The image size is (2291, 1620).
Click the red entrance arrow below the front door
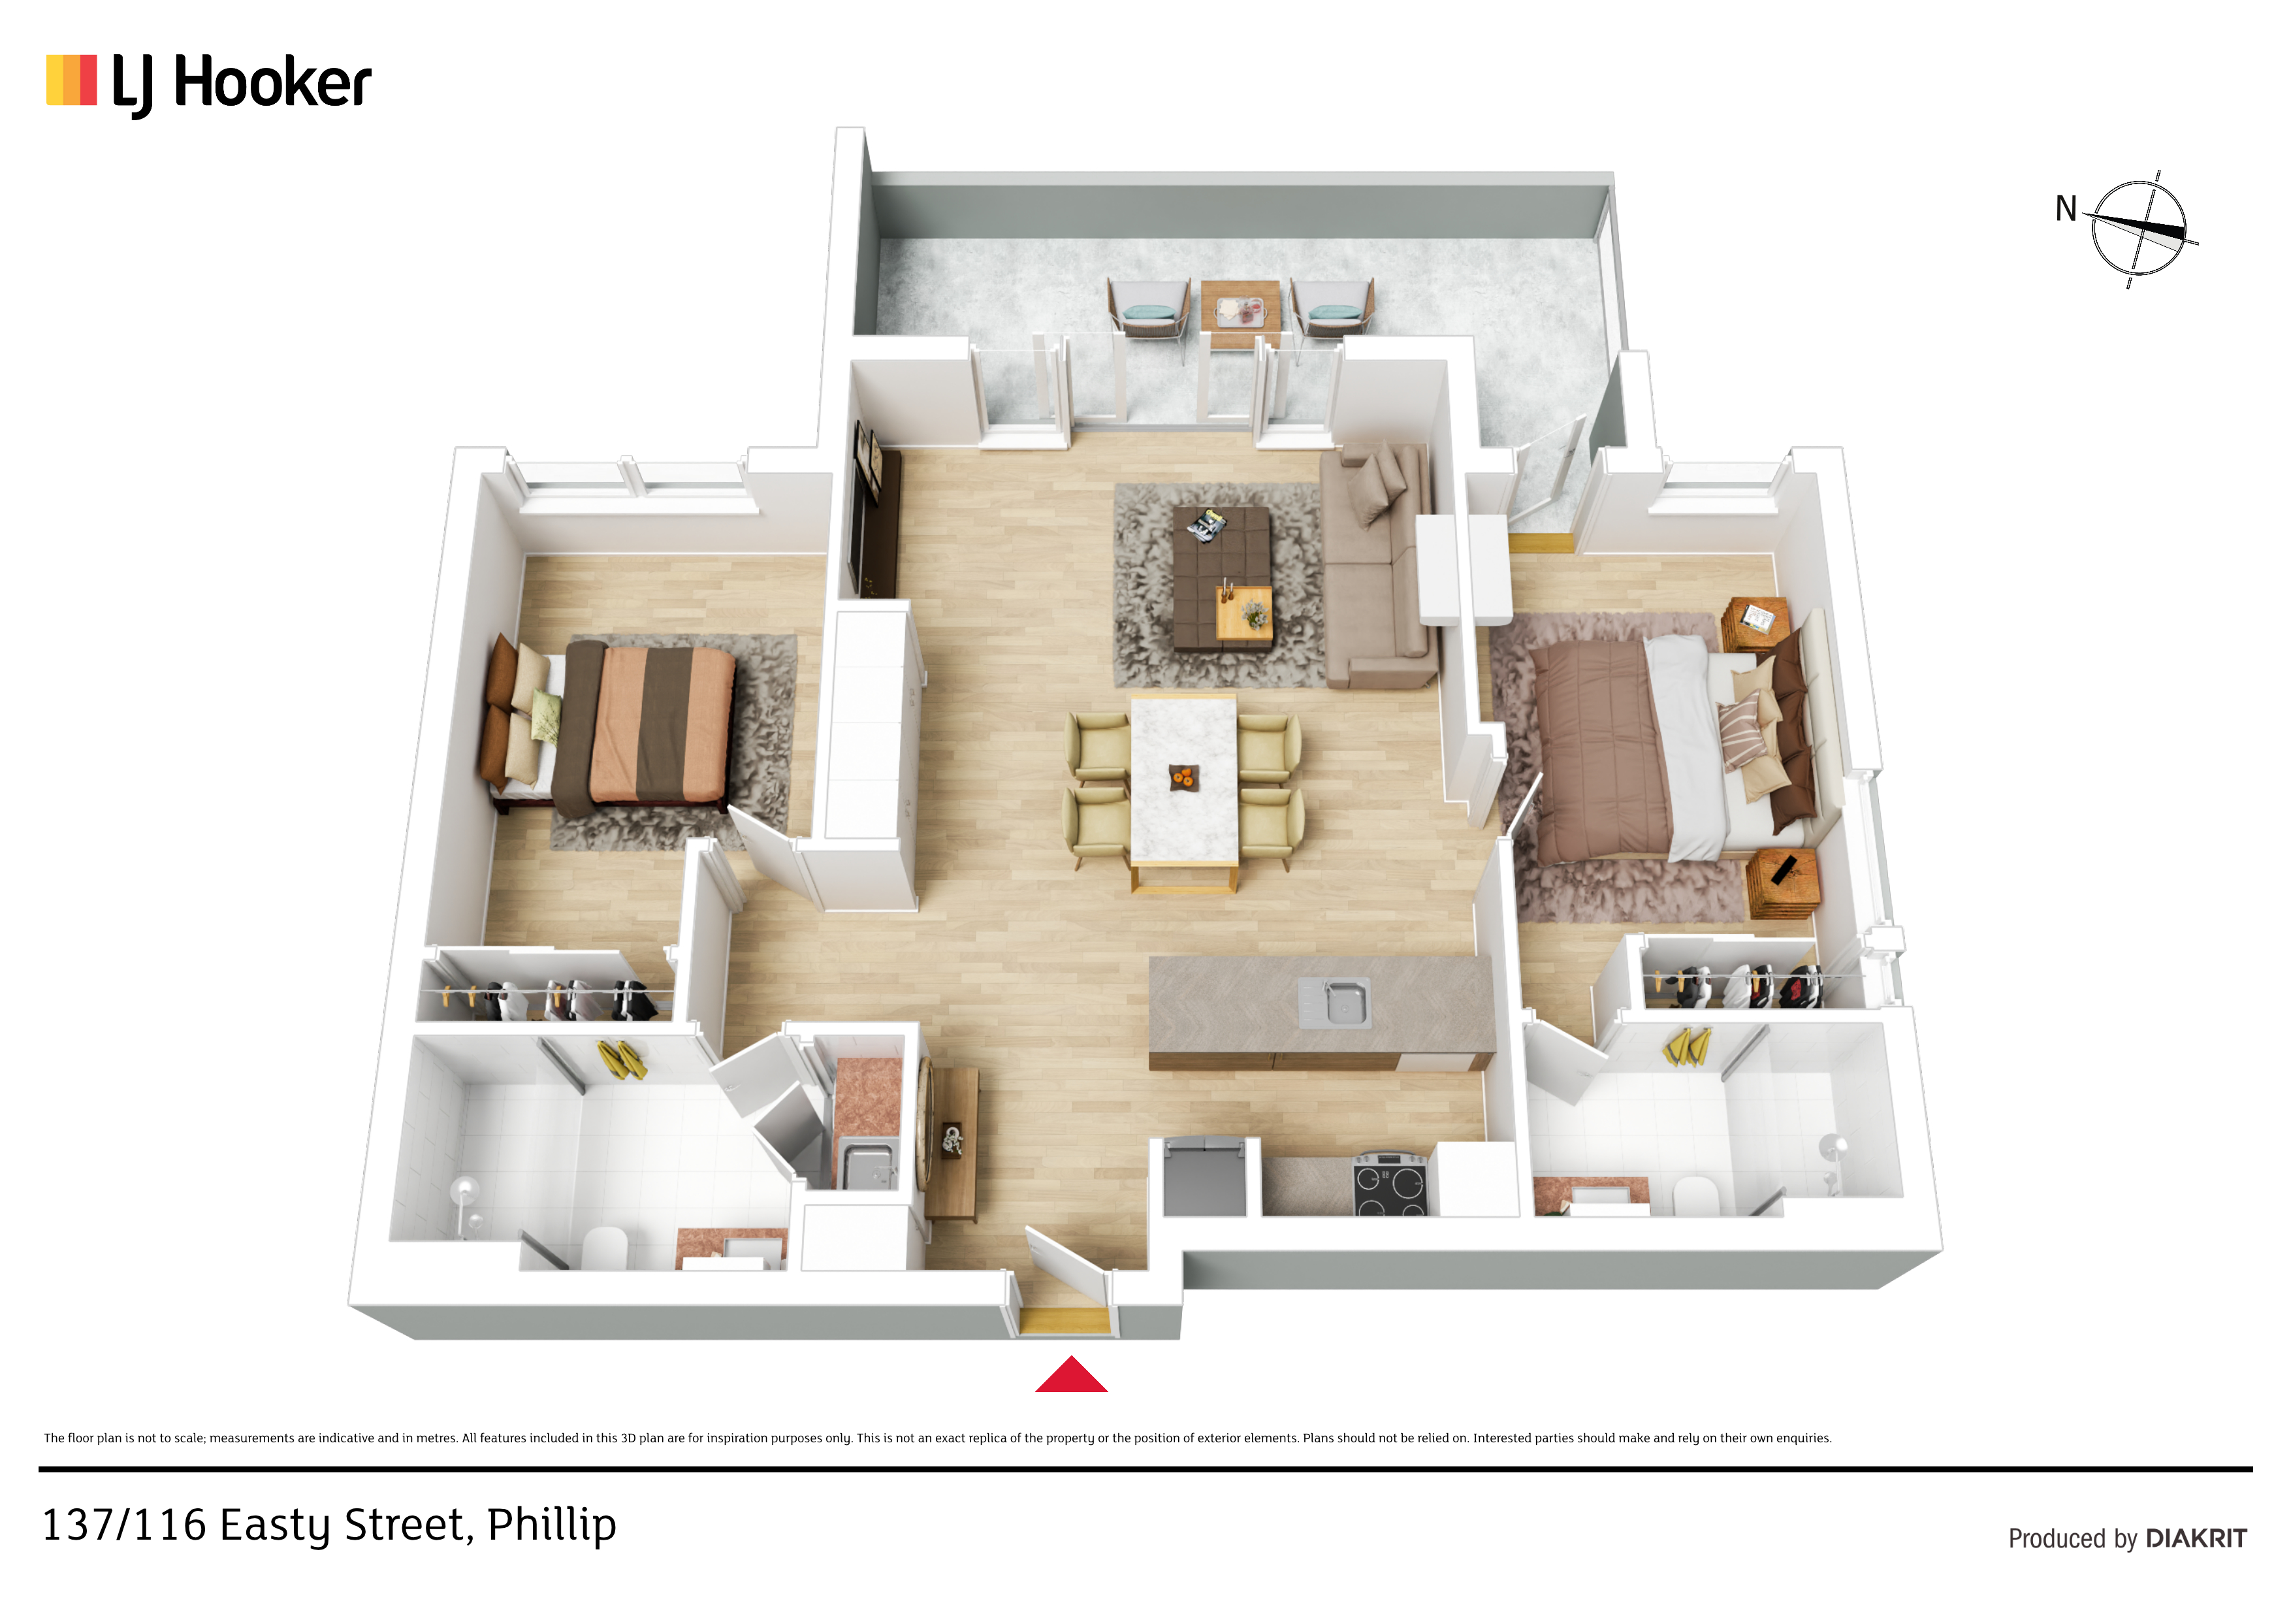tap(1070, 1376)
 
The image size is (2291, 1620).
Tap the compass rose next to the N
tap(2138, 229)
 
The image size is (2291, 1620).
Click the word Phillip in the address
tap(552, 1526)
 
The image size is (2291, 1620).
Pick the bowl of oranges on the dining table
tap(1183, 777)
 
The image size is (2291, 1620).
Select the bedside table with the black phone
tap(1783, 883)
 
